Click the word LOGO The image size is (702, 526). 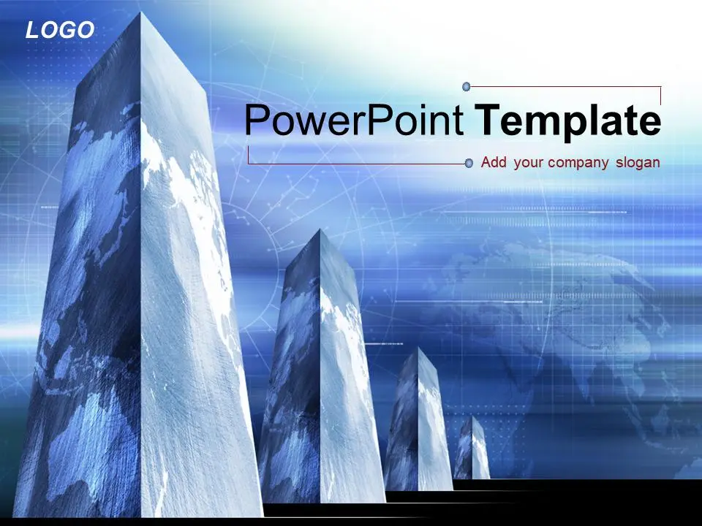click(60, 31)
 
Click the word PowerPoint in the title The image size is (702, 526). click(354, 120)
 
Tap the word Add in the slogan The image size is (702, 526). click(494, 162)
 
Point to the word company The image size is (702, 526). click(578, 163)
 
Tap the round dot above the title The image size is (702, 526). click(467, 86)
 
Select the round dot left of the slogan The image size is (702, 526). click(469, 163)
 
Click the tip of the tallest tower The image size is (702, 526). click(141, 12)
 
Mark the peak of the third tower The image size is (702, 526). click(418, 348)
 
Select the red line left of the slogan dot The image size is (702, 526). click(356, 164)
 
